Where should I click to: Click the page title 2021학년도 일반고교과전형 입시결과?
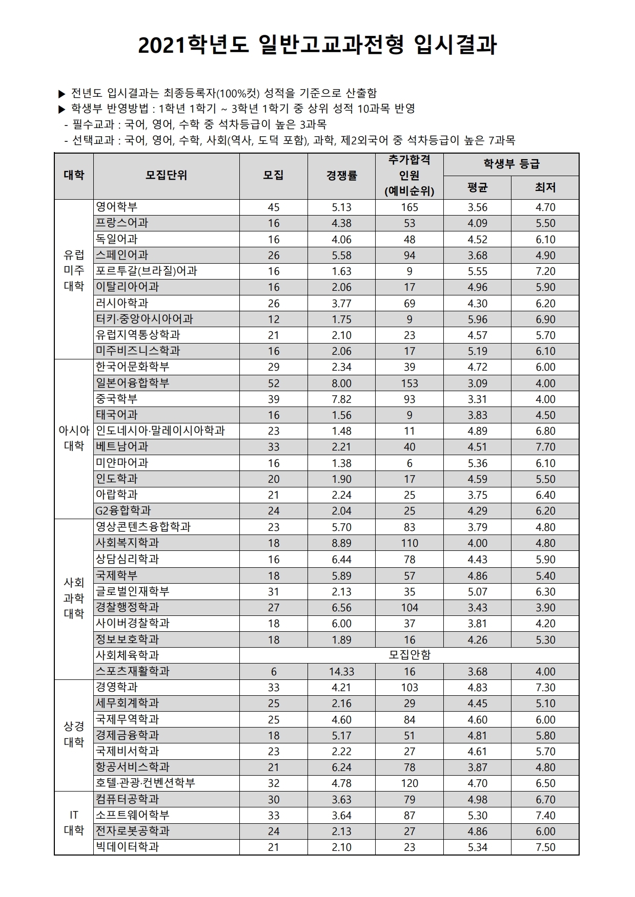point(317,46)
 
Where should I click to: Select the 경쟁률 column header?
point(341,176)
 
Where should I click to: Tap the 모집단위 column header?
point(166,176)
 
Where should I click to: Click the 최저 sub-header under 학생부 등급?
point(545,188)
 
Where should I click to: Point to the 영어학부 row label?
point(117,207)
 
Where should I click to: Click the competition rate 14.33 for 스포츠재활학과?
point(341,671)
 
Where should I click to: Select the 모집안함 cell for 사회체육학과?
point(409,655)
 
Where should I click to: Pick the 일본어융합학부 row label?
point(133,382)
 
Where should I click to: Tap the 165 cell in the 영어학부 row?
point(409,207)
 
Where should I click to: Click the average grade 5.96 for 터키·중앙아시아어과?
point(477,319)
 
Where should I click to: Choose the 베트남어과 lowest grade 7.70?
point(545,447)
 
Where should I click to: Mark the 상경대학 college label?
point(74,734)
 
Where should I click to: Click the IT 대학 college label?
point(74,822)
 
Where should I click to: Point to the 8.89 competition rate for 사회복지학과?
point(341,543)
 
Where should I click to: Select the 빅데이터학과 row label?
point(128,847)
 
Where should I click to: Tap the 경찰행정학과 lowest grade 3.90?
point(545,607)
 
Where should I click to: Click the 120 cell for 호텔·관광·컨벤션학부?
point(409,783)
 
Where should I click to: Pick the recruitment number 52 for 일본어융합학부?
point(274,383)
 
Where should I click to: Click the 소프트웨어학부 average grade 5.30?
point(477,815)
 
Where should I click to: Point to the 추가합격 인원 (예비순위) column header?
point(409,176)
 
